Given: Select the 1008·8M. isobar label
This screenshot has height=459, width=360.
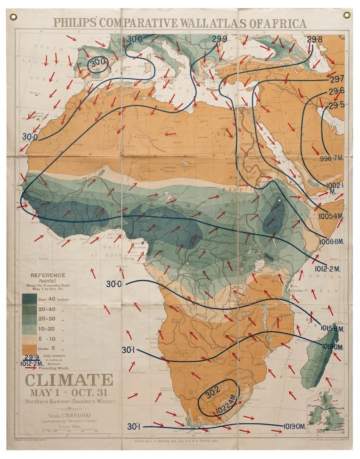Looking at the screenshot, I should click(x=331, y=242).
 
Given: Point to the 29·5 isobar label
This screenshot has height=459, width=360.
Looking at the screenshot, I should click(x=336, y=106).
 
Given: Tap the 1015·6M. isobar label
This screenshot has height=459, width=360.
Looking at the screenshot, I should click(x=332, y=329).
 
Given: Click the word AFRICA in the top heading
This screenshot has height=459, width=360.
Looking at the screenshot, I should click(x=281, y=23).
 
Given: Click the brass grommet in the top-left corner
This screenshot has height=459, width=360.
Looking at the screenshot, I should click(x=13, y=17).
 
